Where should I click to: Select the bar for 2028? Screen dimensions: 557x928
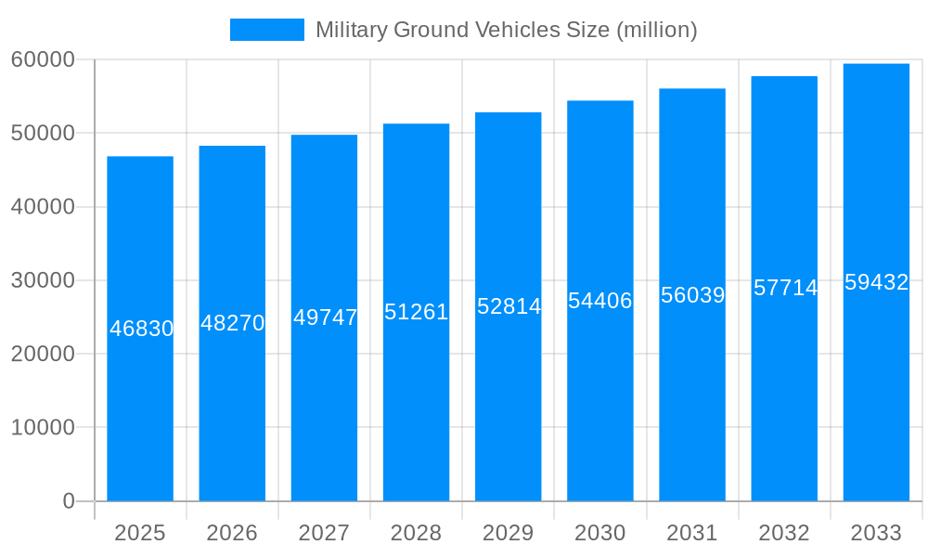point(416,399)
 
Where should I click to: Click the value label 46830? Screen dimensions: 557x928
point(141,329)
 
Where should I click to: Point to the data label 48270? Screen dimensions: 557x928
point(233,323)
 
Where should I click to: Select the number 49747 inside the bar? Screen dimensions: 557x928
point(325,317)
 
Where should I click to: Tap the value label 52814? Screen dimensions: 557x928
point(509,306)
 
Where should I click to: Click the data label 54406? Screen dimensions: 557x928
point(600,301)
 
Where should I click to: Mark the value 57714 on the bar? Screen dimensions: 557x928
point(785,288)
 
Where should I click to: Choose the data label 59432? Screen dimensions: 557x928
point(876,282)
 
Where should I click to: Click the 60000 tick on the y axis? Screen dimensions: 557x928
point(43,59)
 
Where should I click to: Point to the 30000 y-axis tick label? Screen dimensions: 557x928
point(43,280)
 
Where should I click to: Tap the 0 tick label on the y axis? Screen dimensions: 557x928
point(69,501)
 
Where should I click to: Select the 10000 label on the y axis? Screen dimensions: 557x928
point(43,427)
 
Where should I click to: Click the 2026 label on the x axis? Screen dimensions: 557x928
point(232,533)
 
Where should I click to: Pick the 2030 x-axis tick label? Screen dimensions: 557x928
point(600,533)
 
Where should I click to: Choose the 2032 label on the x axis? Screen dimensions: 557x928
point(784,533)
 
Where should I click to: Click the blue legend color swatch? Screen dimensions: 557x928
point(267,30)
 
